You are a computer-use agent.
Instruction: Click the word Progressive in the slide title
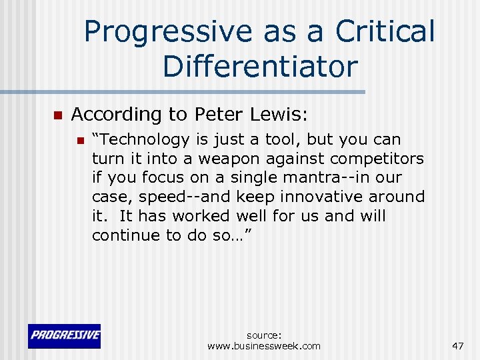167,31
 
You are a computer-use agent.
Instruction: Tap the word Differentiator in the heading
259,66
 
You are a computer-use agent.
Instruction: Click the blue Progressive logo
64,336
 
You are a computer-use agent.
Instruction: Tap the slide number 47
457,345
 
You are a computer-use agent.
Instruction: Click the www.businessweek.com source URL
264,346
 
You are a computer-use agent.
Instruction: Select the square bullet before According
57,116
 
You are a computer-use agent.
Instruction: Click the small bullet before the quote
80,141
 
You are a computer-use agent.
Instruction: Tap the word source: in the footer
264,335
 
